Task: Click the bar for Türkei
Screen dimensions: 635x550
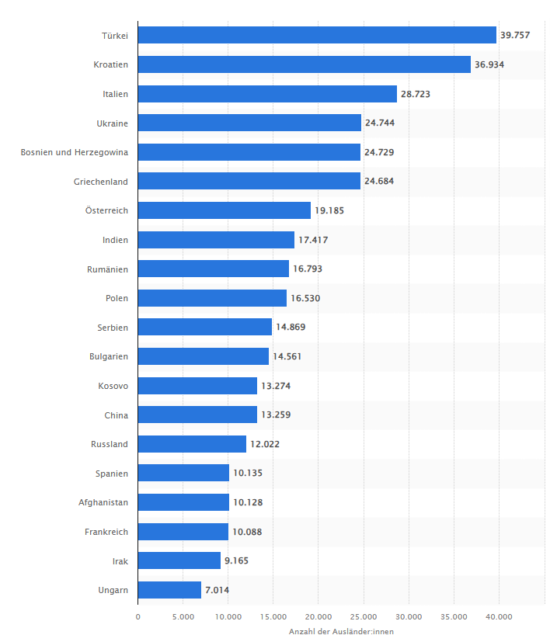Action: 317,35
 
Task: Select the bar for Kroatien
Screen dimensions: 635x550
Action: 305,64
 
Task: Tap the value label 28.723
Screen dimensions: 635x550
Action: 415,94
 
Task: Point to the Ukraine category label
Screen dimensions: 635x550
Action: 113,123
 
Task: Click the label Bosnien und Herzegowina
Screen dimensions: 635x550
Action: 75,152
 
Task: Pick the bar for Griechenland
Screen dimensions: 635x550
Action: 249,181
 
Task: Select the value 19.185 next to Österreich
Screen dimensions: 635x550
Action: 329,210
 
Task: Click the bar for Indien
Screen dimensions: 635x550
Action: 216,240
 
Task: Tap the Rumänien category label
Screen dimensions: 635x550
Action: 108,269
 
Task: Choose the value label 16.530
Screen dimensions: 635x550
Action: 305,298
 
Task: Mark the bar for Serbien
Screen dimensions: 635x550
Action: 205,327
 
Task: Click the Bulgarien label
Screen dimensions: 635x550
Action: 109,356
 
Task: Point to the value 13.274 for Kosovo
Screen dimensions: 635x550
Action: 276,386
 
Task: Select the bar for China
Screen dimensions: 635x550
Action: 197,415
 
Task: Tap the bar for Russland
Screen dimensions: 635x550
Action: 192,444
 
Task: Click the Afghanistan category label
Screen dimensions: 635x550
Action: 103,502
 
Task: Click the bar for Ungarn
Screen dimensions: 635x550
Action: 169,590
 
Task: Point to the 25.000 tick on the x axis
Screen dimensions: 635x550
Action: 364,617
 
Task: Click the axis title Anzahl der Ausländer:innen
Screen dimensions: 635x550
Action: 341,631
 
